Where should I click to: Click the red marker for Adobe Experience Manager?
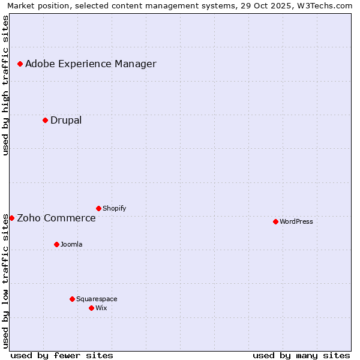tap(20, 64)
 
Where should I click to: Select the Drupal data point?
tap(45, 120)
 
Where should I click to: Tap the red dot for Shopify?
tap(98, 208)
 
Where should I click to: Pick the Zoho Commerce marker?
tap(11, 218)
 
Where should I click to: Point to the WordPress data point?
tap(275, 221)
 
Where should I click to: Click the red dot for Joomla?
tap(56, 244)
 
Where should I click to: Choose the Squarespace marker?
tap(72, 299)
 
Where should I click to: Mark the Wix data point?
tap(91, 308)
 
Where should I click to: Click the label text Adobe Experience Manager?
tap(91, 64)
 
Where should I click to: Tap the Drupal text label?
tap(66, 121)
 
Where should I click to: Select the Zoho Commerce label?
tap(56, 218)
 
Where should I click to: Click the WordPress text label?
tap(296, 222)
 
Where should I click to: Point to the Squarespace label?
tap(97, 299)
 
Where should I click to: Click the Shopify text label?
tap(114, 209)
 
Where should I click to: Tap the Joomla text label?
tap(71, 245)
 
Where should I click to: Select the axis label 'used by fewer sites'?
tap(62, 355)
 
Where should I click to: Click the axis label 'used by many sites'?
tap(301, 355)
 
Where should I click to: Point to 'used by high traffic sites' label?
tap(6, 86)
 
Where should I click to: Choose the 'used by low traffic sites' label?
tap(6, 281)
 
